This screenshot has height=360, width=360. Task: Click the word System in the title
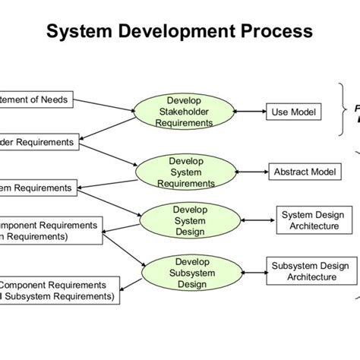(81, 31)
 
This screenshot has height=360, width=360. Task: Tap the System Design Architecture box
(309, 220)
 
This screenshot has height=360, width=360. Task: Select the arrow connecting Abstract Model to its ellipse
(244, 172)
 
